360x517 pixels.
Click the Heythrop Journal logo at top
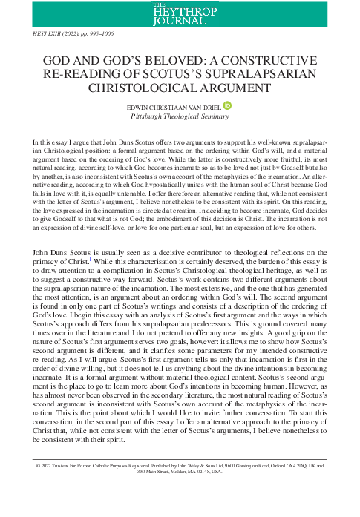tap(180, 13)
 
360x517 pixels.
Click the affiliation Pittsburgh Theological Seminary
tap(180, 117)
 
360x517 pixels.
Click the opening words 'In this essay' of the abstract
tap(49, 140)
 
